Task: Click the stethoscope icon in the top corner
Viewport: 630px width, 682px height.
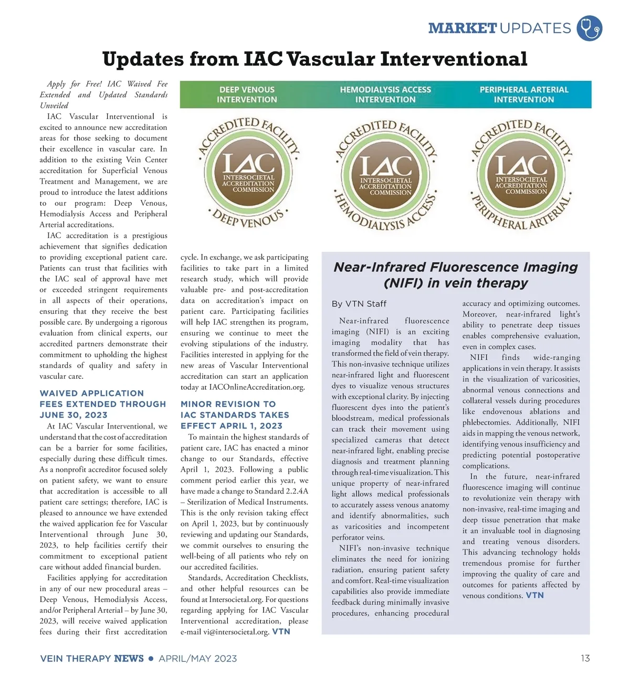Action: click(589, 28)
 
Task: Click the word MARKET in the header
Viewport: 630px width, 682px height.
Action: click(462, 28)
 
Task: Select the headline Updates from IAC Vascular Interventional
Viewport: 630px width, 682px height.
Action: click(314, 59)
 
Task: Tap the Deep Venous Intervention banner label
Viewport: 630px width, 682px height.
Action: click(247, 94)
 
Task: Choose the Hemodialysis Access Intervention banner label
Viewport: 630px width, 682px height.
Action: click(385, 94)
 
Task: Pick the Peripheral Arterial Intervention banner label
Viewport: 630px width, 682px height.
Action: click(523, 94)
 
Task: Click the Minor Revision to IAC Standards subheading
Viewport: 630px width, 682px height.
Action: click(235, 415)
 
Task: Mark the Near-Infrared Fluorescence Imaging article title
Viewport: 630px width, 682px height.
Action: click(456, 275)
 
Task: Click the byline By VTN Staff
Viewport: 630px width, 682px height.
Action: click(359, 304)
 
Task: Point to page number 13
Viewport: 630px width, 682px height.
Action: click(585, 658)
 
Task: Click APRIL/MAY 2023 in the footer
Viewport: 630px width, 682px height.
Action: click(198, 658)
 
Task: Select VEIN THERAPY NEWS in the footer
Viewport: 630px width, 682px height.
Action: click(92, 658)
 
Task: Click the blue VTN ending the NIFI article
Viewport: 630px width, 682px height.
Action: click(534, 595)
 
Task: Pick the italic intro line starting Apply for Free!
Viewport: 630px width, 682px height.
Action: click(103, 94)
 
